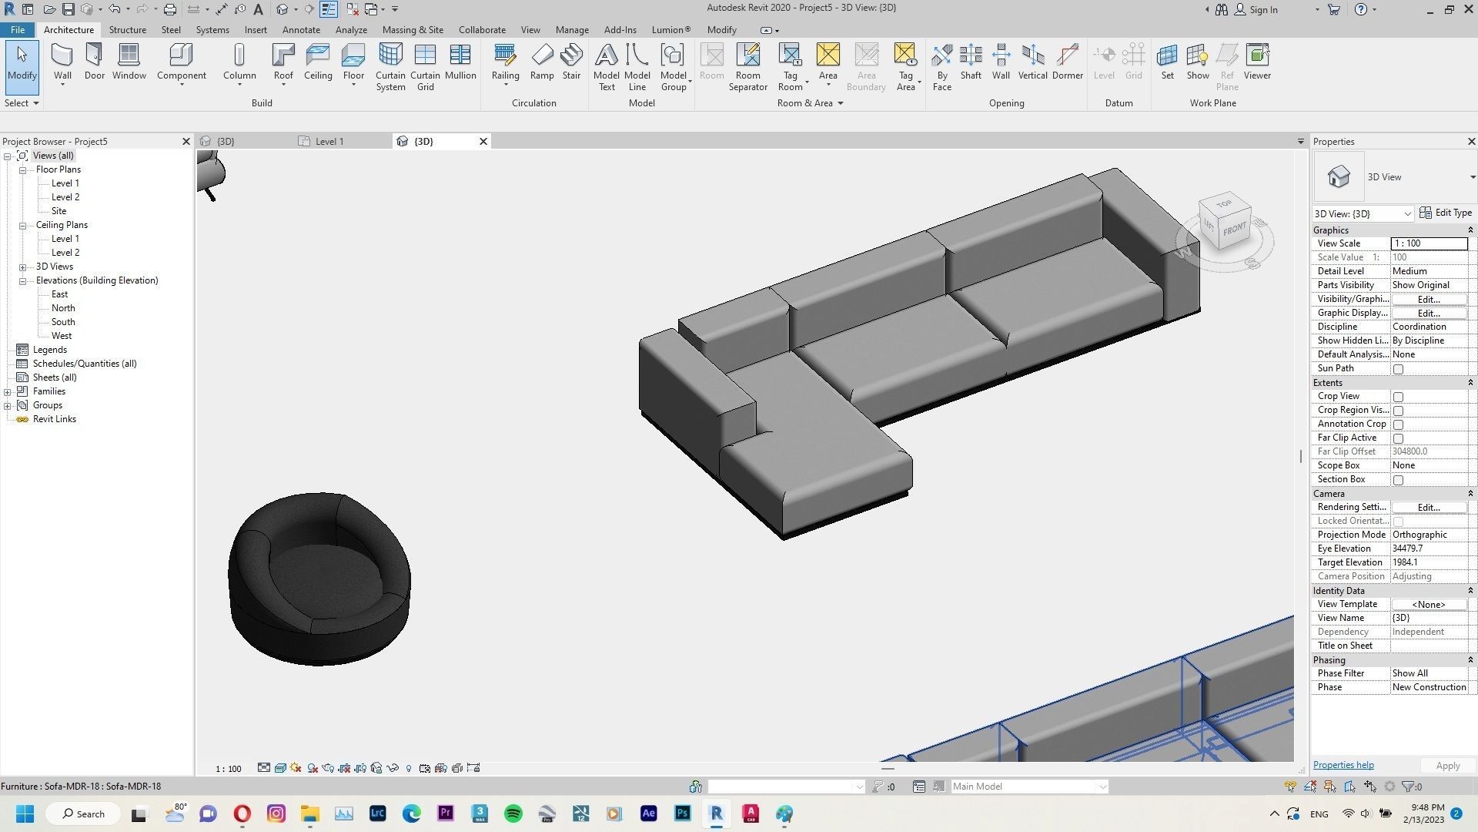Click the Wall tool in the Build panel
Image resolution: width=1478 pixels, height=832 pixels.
point(62,62)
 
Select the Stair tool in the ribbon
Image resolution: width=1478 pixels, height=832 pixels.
point(571,62)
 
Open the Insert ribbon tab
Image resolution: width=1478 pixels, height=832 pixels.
point(256,30)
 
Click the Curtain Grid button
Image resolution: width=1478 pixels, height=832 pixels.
point(425,66)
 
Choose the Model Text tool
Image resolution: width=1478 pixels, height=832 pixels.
point(606,66)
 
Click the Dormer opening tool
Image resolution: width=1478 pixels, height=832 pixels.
point(1067,62)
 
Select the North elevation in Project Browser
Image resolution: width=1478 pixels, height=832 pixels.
point(63,308)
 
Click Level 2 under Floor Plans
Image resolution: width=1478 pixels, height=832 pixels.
point(65,197)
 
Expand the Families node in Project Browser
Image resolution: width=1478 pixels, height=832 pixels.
point(8,391)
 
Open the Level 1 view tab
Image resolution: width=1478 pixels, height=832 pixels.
point(329,142)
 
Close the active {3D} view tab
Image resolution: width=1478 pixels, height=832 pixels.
point(483,142)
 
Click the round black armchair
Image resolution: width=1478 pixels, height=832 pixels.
point(319,578)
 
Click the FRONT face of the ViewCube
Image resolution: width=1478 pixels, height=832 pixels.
point(1234,230)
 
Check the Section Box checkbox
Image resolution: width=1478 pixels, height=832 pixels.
point(1398,480)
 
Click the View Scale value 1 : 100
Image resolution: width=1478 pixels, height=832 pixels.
point(1428,243)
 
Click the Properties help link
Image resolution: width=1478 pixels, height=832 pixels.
point(1343,765)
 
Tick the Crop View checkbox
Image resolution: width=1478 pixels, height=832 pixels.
point(1398,397)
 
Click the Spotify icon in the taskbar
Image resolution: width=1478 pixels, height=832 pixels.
point(513,814)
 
